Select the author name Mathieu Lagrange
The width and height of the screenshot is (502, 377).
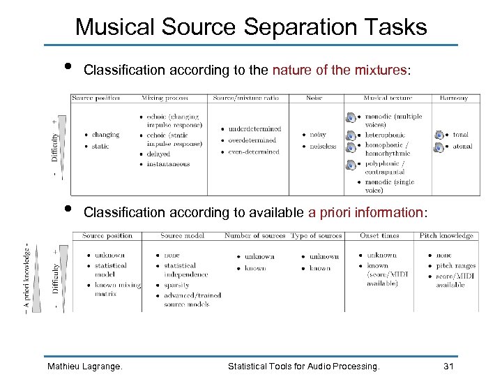point(84,366)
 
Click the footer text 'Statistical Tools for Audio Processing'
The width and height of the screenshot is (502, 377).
point(304,366)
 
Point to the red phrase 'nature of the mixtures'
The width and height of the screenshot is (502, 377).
point(340,70)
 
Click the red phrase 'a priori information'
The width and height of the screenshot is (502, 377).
point(365,212)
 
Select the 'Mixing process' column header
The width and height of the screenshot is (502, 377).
point(165,98)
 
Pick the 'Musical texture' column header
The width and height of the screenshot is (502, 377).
point(386,98)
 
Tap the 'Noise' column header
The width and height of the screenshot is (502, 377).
point(314,98)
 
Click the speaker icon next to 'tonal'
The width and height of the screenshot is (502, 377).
point(439,135)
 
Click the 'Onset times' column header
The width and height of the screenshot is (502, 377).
point(379,236)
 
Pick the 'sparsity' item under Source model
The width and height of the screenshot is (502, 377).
point(176,285)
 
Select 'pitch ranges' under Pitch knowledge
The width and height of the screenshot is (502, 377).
point(456,265)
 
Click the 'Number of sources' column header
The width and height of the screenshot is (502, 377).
point(254,236)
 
